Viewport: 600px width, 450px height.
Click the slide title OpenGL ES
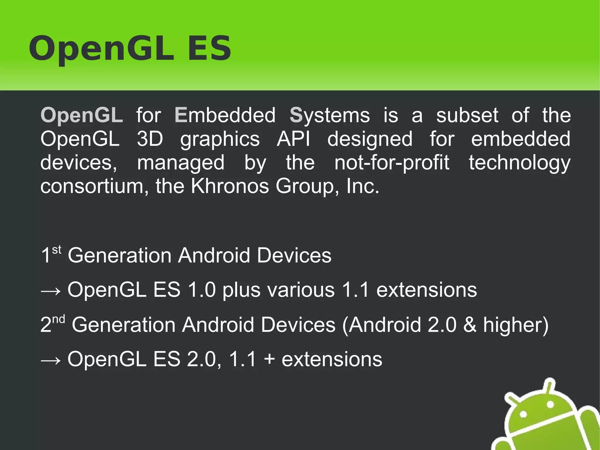pos(130,48)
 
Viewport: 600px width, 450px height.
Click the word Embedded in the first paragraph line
pos(225,115)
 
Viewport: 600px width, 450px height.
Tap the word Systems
pos(330,115)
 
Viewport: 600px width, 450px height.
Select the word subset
pos(467,115)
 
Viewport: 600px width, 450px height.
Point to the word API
pos(293,139)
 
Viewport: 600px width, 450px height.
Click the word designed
pos(370,139)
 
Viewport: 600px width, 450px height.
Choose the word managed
pos(181,163)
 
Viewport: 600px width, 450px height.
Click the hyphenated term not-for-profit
pos(392,163)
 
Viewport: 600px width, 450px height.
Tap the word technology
pos(519,163)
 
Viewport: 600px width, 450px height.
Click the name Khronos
pos(230,186)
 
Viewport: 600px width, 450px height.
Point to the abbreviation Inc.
pos(362,186)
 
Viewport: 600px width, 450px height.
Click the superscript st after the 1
pos(57,250)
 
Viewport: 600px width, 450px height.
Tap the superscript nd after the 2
pos(59,319)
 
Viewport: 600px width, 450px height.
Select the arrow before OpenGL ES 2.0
pos(51,361)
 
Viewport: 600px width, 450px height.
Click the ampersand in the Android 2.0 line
pos(470,325)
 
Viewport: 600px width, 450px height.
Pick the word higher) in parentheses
pos(516,325)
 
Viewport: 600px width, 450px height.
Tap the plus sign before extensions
pos(269,359)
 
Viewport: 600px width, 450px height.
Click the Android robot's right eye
pos(550,405)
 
